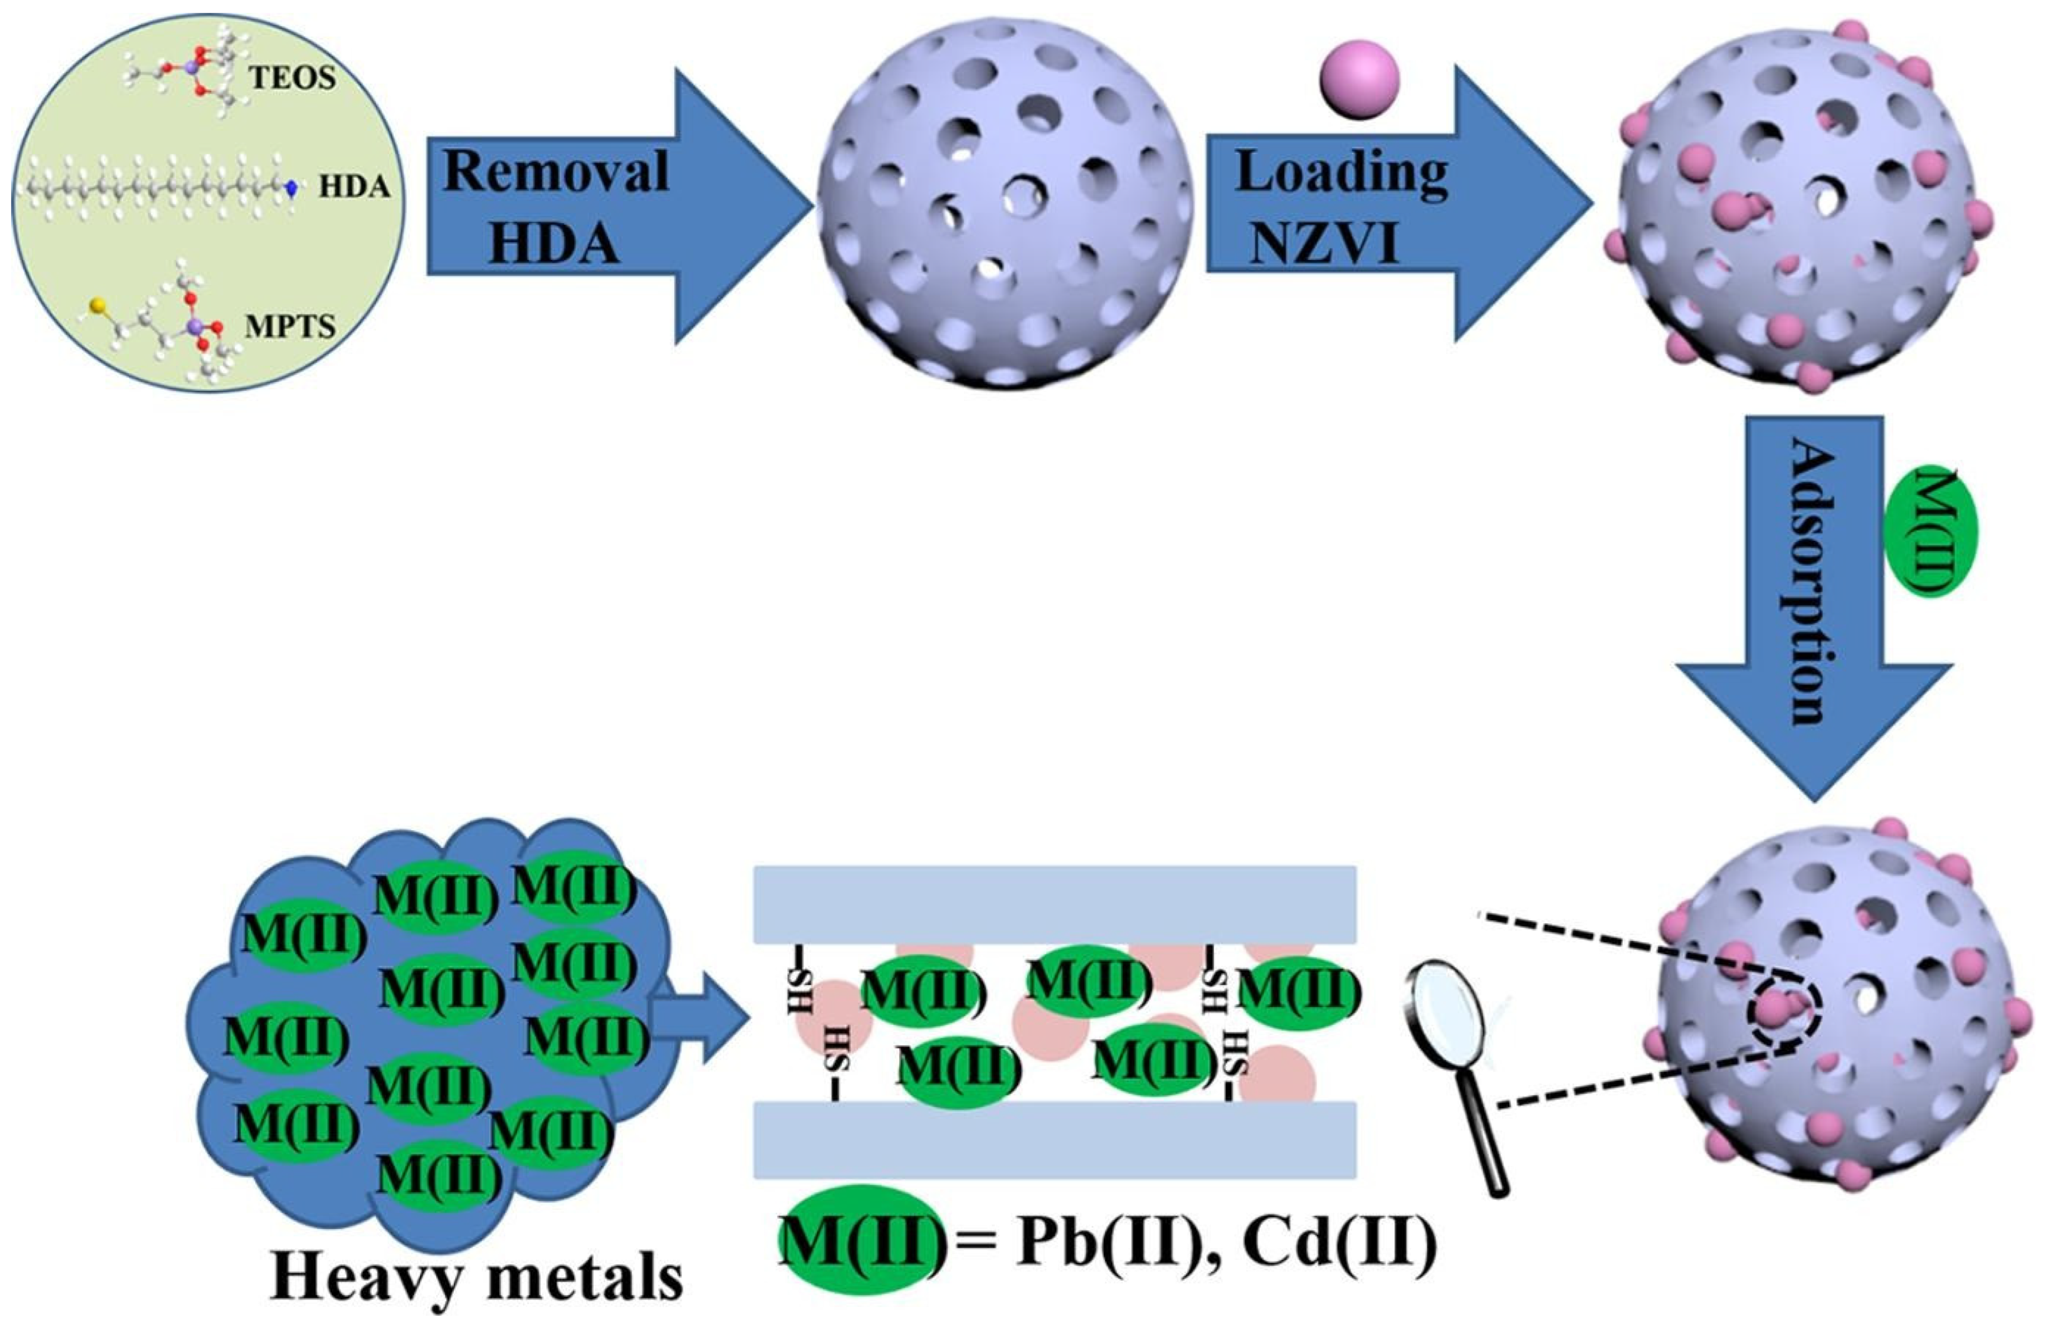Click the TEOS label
pyautogui.click(x=293, y=78)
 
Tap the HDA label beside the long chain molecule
pyautogui.click(x=355, y=187)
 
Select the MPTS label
pyautogui.click(x=290, y=327)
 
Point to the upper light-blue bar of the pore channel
pyautogui.click(x=1055, y=904)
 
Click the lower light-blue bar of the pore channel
pyautogui.click(x=1055, y=1140)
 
